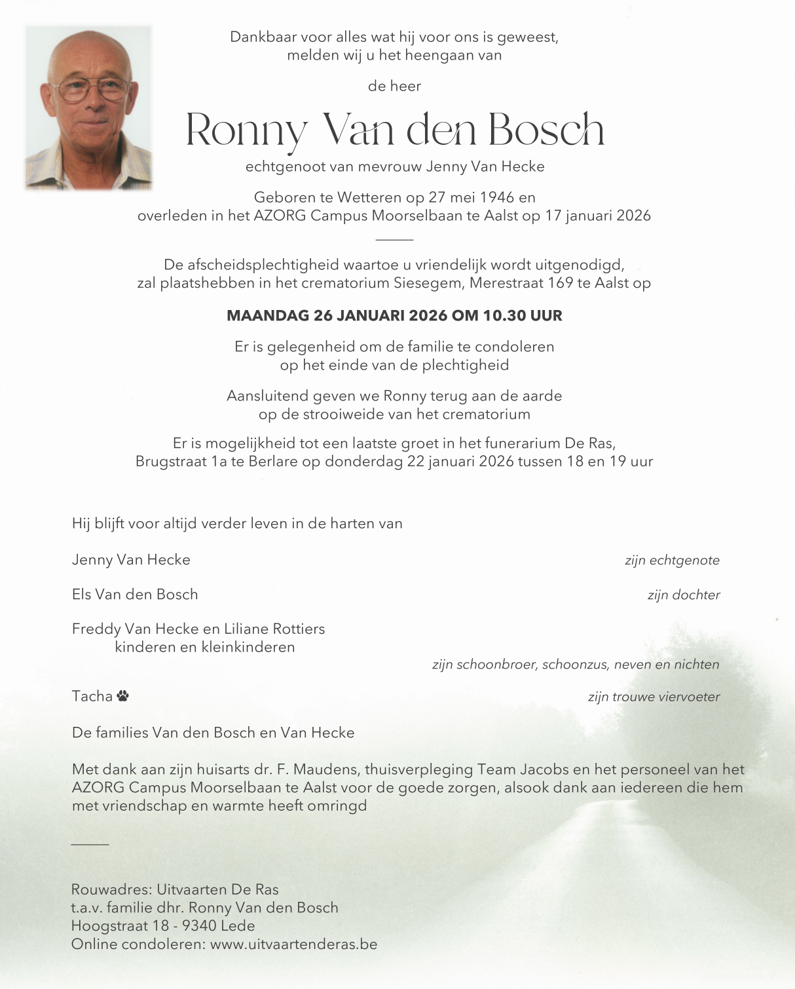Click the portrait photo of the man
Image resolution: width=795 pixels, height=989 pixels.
[88, 108]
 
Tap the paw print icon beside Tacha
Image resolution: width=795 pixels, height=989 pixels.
[123, 696]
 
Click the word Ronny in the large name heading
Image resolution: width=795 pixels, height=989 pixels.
[246, 130]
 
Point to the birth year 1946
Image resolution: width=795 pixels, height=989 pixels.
[498, 197]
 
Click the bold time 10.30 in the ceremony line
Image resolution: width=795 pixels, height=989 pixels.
[504, 316]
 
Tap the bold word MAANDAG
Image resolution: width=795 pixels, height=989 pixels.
[267, 316]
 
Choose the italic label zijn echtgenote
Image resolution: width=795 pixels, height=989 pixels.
[672, 560]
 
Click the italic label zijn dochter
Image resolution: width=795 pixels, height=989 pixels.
[684, 595]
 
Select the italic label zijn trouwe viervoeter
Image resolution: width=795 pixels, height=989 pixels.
[654, 697]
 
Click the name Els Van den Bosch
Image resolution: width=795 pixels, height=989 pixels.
[135, 594]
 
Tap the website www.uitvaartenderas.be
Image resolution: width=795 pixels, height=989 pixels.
[294, 944]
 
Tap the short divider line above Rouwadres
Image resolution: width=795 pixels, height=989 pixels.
[90, 844]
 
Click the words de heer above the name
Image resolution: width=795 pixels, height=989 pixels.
[394, 86]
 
